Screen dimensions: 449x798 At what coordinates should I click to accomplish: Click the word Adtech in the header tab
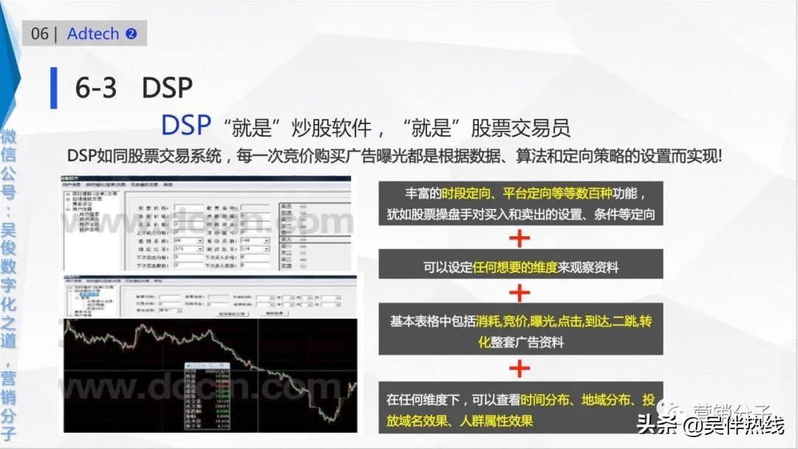[x=92, y=34]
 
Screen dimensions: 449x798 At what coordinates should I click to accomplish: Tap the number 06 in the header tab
[x=40, y=34]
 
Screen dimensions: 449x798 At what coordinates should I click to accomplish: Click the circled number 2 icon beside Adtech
[x=132, y=34]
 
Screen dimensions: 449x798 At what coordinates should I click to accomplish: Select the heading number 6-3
[x=96, y=88]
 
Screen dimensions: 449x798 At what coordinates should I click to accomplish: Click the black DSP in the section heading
[x=167, y=88]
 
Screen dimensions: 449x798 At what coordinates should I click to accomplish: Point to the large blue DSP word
[x=186, y=126]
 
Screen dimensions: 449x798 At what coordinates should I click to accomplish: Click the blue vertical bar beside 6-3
[x=53, y=88]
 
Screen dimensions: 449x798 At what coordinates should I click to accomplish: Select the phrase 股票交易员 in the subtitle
[x=523, y=128]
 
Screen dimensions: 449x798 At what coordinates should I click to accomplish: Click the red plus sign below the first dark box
[x=520, y=238]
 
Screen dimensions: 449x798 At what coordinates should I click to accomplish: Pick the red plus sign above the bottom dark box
[x=520, y=367]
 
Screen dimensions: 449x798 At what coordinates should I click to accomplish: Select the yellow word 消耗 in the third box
[x=488, y=322]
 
